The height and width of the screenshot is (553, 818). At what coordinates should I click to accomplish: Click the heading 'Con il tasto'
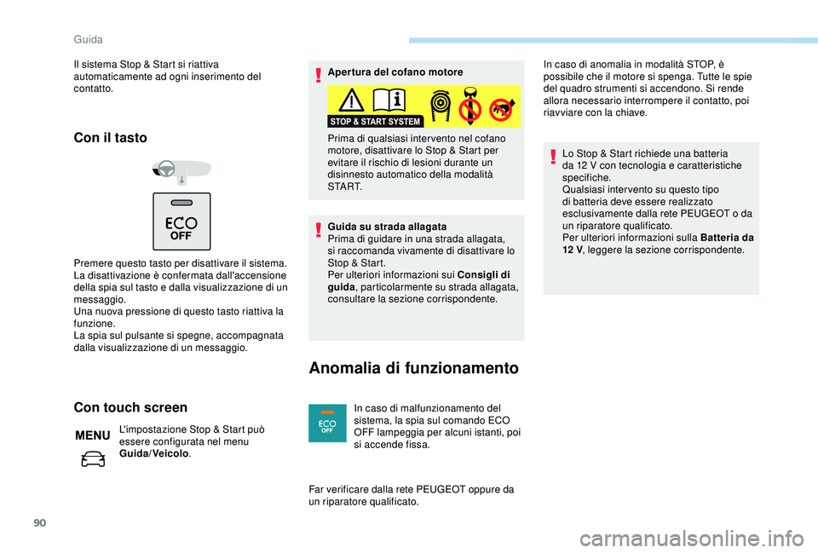pyautogui.click(x=111, y=137)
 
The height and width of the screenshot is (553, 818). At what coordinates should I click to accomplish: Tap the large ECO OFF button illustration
pyautogui.click(x=181, y=220)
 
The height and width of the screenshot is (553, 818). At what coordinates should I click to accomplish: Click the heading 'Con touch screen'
pyautogui.click(x=130, y=407)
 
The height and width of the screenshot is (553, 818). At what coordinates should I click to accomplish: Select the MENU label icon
pyautogui.click(x=92, y=435)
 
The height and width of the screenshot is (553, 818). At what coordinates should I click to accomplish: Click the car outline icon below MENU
pyautogui.click(x=92, y=460)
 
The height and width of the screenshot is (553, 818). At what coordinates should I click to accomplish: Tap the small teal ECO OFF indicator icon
pyautogui.click(x=327, y=423)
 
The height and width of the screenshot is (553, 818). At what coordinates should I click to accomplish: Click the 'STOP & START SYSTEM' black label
pyautogui.click(x=376, y=121)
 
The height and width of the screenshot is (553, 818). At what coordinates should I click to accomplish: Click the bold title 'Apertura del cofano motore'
pyautogui.click(x=395, y=72)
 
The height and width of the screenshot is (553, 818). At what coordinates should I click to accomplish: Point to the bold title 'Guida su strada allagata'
pyautogui.click(x=387, y=227)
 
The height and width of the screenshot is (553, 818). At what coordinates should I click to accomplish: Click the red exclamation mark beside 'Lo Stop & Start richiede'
pyautogui.click(x=554, y=156)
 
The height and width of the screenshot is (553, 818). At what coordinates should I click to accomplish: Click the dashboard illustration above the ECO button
pyautogui.click(x=181, y=170)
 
